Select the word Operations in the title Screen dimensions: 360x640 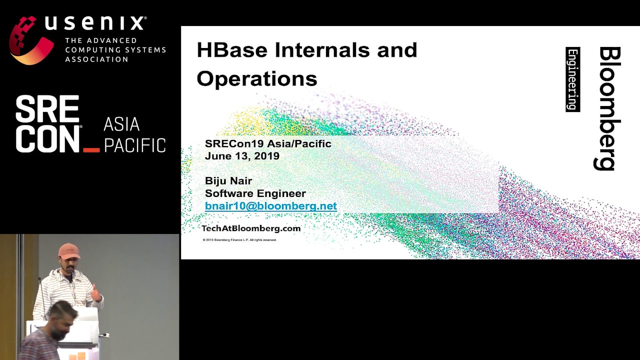(256, 79)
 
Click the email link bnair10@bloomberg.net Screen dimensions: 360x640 (270, 206)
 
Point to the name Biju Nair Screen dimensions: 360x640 (228, 180)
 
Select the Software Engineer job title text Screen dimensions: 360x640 (255, 193)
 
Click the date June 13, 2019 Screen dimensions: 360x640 (241, 156)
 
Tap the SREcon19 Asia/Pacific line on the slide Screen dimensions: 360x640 (267, 144)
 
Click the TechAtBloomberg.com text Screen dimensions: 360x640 (250, 228)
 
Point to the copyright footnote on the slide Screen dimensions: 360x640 (239, 240)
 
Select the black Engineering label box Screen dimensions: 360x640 (572, 79)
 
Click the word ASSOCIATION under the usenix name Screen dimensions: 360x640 (96, 59)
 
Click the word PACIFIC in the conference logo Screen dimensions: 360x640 (134, 145)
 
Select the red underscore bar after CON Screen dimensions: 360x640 (91, 149)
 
